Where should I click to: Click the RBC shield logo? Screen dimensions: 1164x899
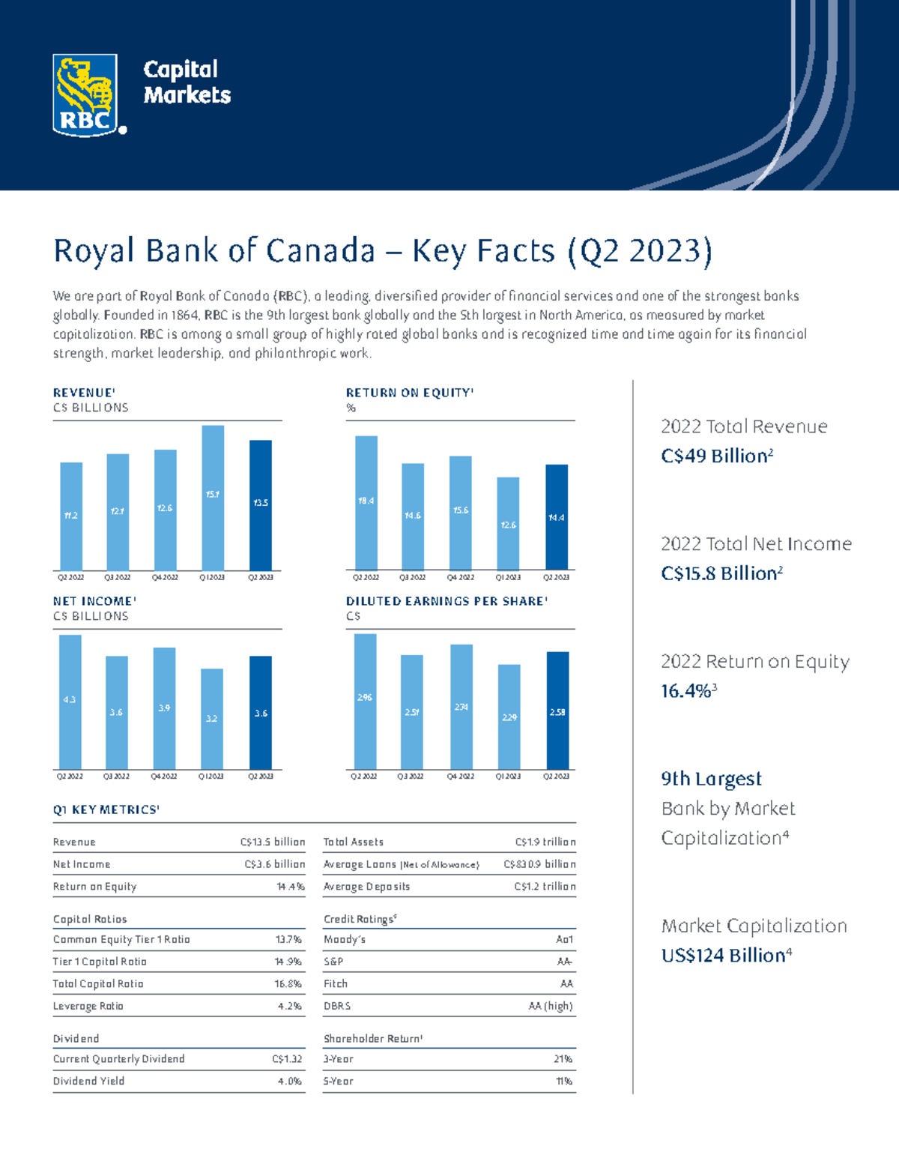pos(85,95)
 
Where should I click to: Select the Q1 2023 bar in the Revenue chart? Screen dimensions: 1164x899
pos(213,498)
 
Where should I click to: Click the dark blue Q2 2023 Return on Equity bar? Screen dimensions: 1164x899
pos(557,516)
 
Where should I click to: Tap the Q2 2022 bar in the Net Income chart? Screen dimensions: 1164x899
pos(70,702)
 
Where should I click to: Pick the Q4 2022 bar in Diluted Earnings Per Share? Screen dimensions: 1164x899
pos(461,706)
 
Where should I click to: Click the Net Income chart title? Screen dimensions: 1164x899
pos(94,601)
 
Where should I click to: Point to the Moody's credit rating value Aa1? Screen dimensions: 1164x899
pos(564,939)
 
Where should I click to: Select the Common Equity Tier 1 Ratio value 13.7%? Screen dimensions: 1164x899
pos(288,939)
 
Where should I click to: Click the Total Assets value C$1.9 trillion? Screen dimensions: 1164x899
pos(545,842)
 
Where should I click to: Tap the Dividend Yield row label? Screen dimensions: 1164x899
pos(88,1081)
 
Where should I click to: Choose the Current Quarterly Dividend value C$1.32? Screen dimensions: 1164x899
pos(287,1059)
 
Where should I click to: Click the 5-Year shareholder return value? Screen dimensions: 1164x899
pos(564,1081)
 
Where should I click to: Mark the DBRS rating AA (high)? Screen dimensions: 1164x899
pos(551,1006)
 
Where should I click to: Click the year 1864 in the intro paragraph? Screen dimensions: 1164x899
pos(185,316)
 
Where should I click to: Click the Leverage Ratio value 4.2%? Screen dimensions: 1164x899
pos(290,1006)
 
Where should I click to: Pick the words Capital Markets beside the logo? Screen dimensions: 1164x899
pos(187,82)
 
